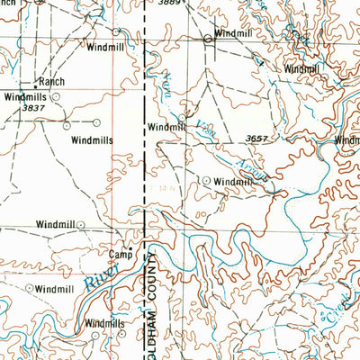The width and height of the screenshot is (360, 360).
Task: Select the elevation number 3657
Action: (x=256, y=138)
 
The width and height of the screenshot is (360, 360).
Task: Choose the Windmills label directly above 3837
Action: (x=23, y=95)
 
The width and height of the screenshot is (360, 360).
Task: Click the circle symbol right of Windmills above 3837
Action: (x=56, y=94)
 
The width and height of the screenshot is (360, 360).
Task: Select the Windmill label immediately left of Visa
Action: (x=166, y=128)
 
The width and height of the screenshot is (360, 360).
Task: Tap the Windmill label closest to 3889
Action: (x=233, y=32)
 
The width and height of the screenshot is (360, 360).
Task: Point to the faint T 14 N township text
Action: (x=161, y=186)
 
